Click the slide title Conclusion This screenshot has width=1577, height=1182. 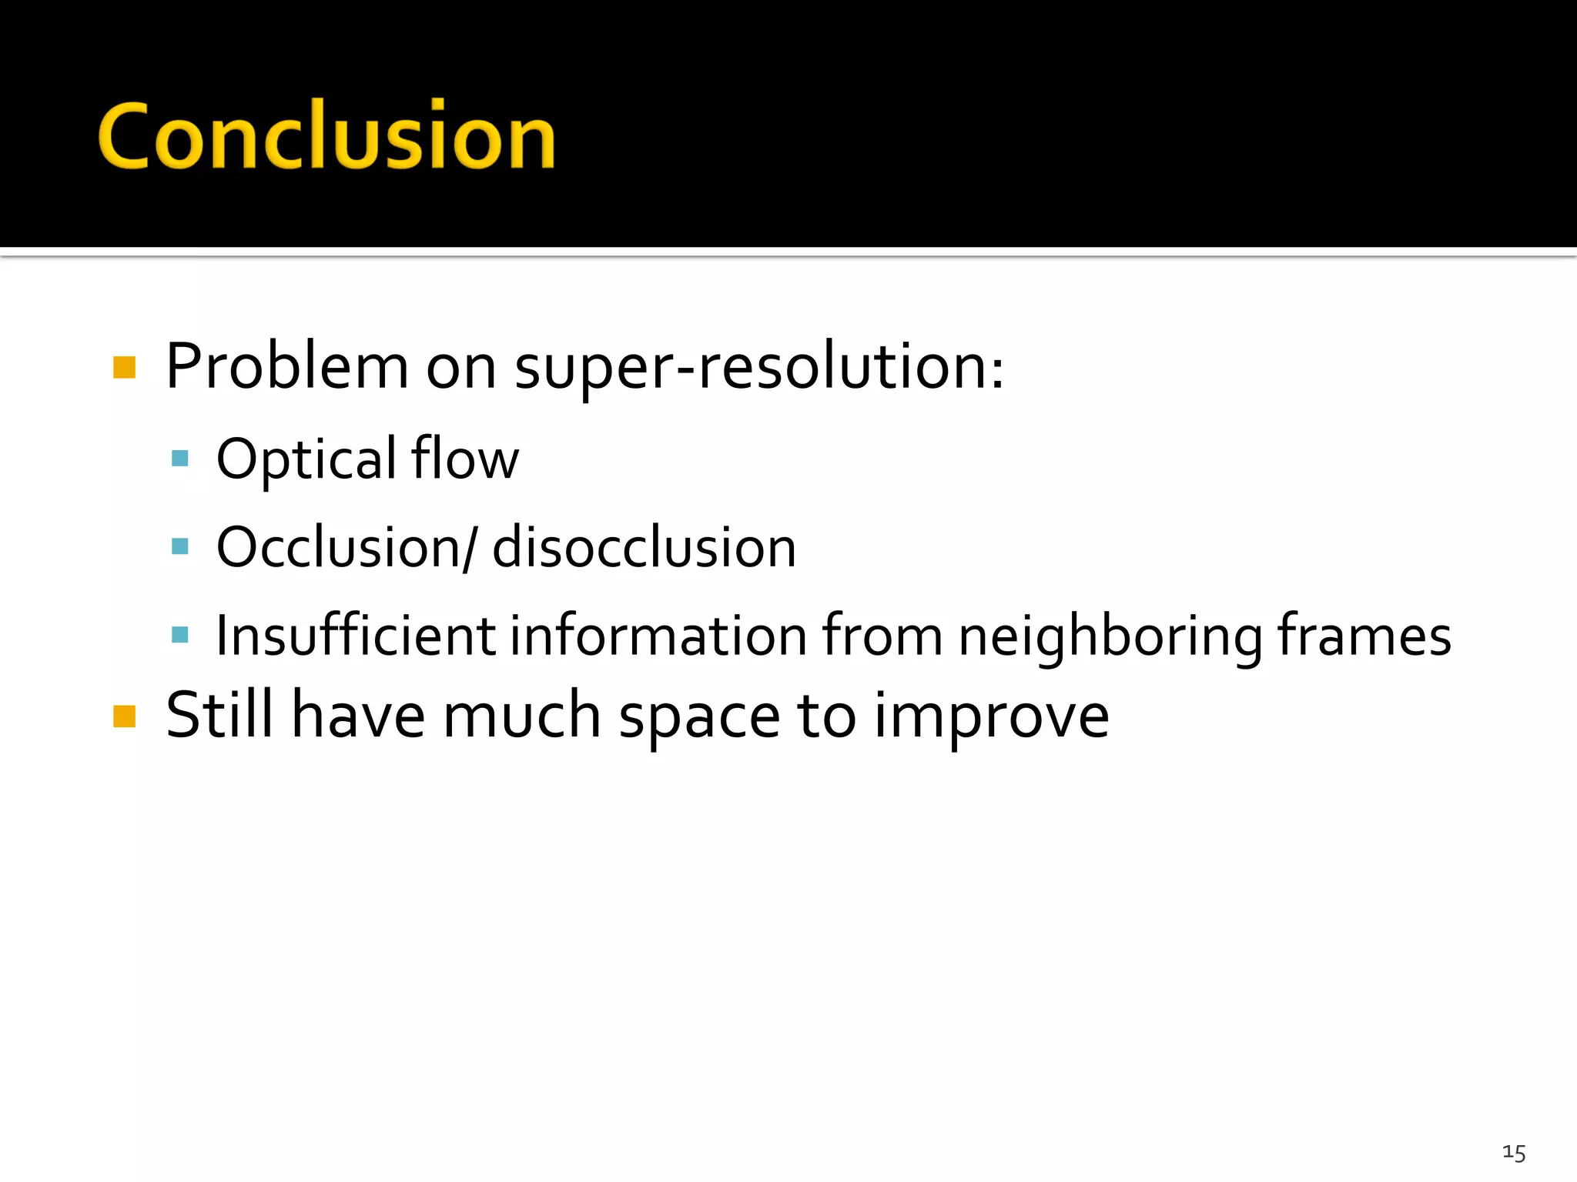[x=326, y=137]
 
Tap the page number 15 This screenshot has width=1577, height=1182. [x=1513, y=1153]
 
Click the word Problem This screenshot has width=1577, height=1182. [x=286, y=367]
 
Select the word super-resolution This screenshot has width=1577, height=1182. [x=758, y=367]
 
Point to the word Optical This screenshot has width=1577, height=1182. [x=306, y=459]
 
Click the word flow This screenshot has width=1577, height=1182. [x=465, y=459]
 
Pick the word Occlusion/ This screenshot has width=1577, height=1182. [x=347, y=548]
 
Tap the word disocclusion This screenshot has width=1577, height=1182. [x=644, y=548]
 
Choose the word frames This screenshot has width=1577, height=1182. [x=1364, y=636]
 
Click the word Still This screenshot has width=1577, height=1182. [x=219, y=716]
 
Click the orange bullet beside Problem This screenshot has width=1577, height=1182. [x=124, y=368]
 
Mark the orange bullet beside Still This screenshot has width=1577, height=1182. [x=124, y=716]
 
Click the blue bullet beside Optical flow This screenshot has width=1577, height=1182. [x=180, y=459]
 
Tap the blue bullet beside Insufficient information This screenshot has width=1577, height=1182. [x=180, y=636]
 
